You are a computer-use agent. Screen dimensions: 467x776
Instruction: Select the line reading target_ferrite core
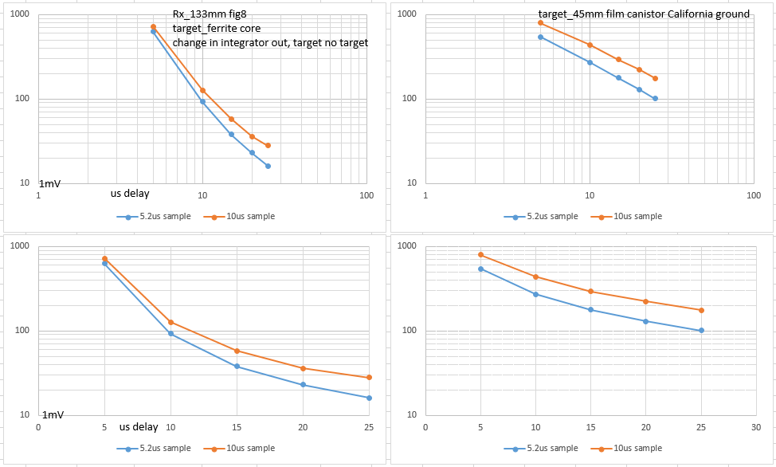pos(217,29)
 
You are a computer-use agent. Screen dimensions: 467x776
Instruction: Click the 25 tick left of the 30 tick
pos(701,427)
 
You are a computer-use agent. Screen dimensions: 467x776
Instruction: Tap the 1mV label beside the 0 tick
pos(53,415)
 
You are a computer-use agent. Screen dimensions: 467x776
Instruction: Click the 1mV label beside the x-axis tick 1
pos(50,184)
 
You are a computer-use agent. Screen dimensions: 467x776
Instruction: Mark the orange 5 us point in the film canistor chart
pos(540,23)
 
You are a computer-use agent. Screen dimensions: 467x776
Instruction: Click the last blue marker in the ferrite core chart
pos(268,166)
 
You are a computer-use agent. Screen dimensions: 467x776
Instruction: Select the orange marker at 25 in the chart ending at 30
pos(701,310)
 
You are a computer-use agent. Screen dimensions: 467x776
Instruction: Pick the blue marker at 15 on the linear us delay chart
pos(237,366)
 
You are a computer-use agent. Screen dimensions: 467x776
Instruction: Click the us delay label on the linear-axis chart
pos(139,427)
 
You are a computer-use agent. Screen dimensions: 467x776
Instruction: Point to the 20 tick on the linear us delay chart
pos(303,427)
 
